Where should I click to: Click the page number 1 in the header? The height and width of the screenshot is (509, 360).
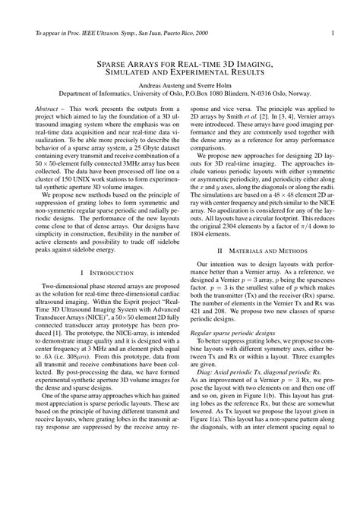[x=333, y=33]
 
